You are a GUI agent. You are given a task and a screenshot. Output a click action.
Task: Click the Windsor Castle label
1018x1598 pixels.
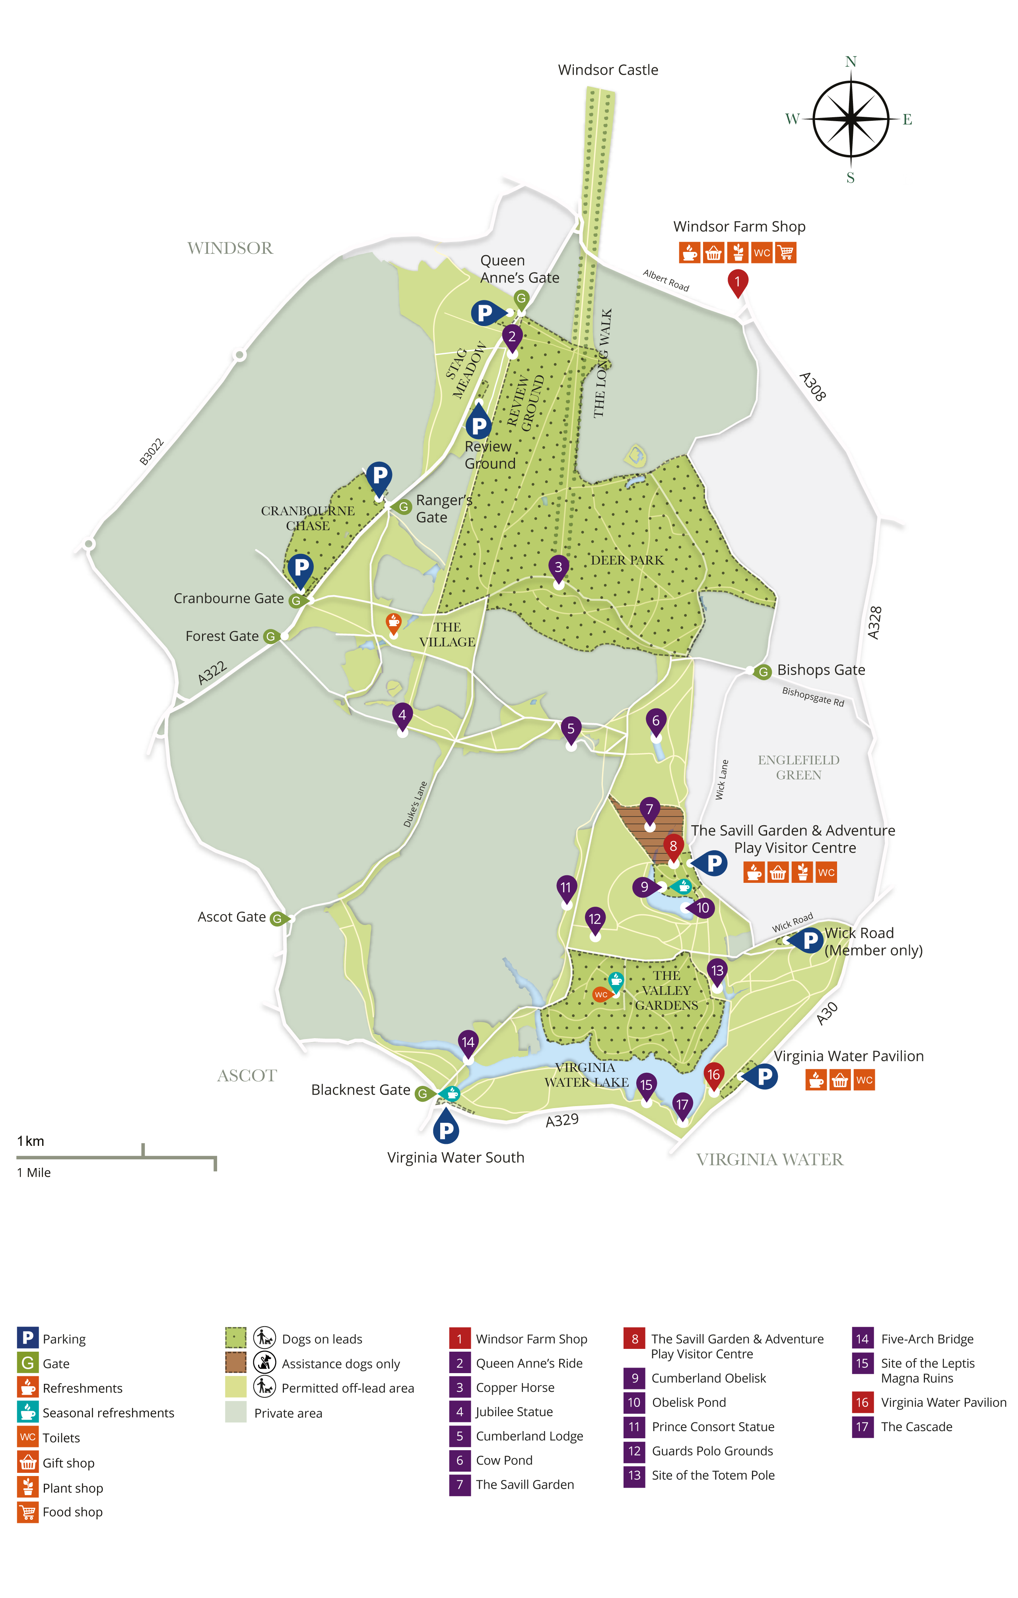[x=608, y=70]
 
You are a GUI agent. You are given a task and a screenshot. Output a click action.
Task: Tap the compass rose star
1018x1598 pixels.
[x=851, y=120]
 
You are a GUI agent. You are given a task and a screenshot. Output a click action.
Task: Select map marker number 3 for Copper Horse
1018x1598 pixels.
[x=558, y=567]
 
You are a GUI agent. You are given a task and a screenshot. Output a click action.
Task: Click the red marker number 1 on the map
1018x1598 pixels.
[x=737, y=282]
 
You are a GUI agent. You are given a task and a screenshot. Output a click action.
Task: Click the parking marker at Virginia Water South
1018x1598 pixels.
[x=446, y=1130]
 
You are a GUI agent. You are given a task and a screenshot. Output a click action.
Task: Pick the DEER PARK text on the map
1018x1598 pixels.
[x=627, y=560]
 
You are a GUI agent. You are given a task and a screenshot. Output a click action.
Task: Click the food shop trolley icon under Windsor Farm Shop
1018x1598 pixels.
[x=786, y=253]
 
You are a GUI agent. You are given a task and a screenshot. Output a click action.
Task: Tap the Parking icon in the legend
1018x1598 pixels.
[x=27, y=1338]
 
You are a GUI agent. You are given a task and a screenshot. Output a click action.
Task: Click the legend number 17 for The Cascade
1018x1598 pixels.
[x=862, y=1427]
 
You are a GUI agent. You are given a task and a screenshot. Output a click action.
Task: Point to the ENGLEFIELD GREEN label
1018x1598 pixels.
[x=798, y=767]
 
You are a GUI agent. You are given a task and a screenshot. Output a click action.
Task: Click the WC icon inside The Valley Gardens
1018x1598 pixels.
[x=600, y=994]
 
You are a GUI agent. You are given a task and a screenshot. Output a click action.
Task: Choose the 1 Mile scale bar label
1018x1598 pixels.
[x=34, y=1172]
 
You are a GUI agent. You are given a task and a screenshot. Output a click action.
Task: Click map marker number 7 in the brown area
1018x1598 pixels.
[x=649, y=810]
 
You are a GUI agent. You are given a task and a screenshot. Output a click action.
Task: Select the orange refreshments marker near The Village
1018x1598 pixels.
[x=393, y=622]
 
